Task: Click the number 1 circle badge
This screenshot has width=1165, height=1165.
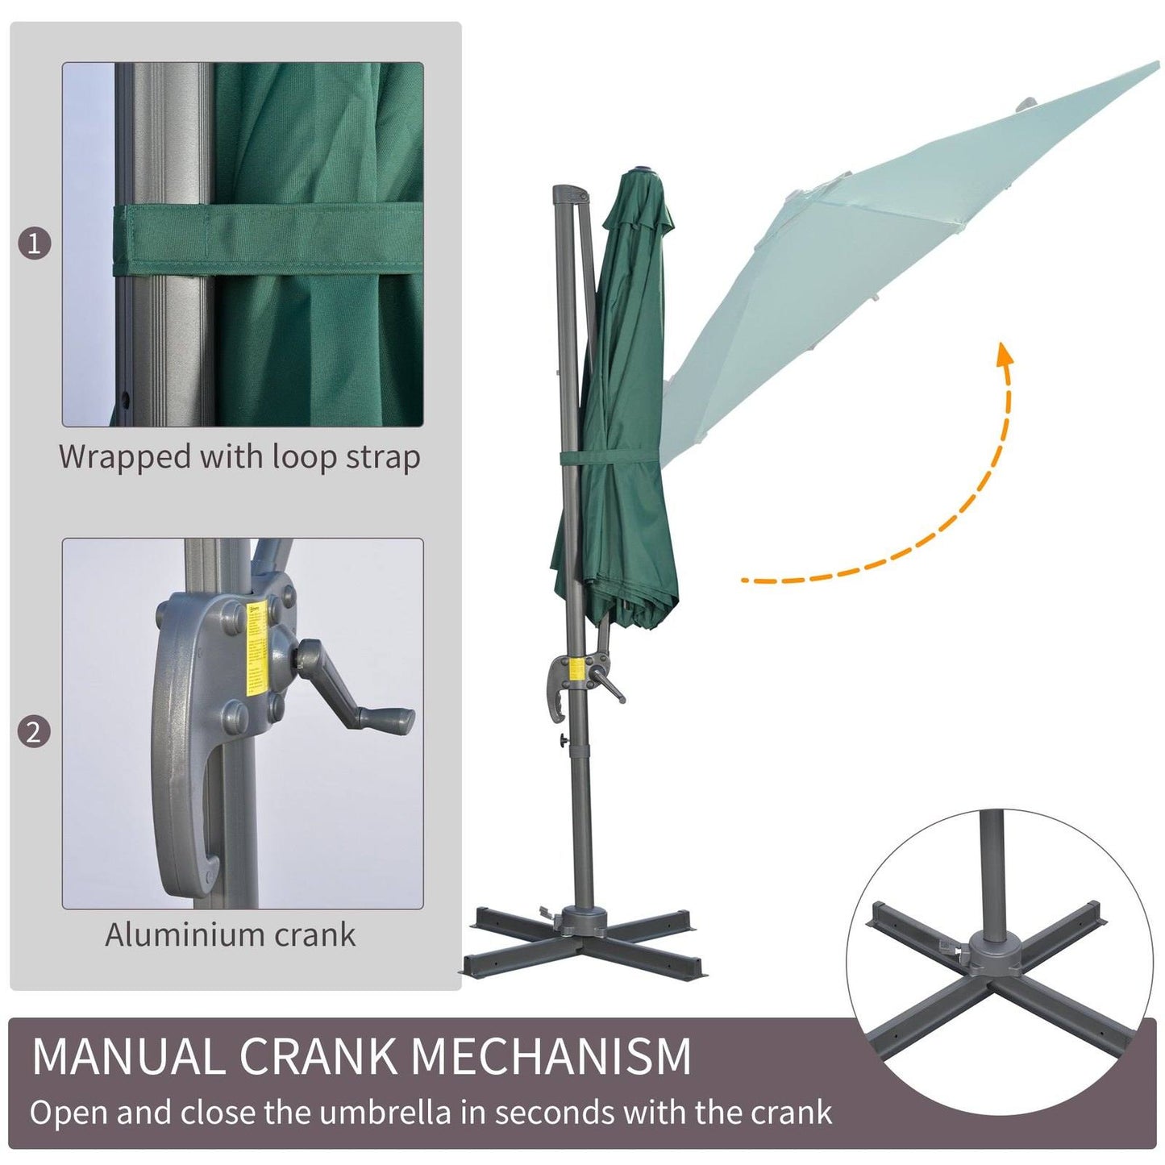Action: pyautogui.click(x=34, y=243)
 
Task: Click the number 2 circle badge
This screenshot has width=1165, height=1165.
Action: pyautogui.click(x=34, y=732)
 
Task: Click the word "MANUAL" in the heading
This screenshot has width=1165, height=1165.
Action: pyautogui.click(x=129, y=1055)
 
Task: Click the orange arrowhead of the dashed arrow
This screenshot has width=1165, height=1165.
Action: pyautogui.click(x=1004, y=355)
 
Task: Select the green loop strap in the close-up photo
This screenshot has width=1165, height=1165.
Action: pyautogui.click(x=266, y=240)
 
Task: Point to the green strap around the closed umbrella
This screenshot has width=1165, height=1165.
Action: pyautogui.click(x=613, y=458)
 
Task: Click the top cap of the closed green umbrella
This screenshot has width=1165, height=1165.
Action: pyautogui.click(x=645, y=169)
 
